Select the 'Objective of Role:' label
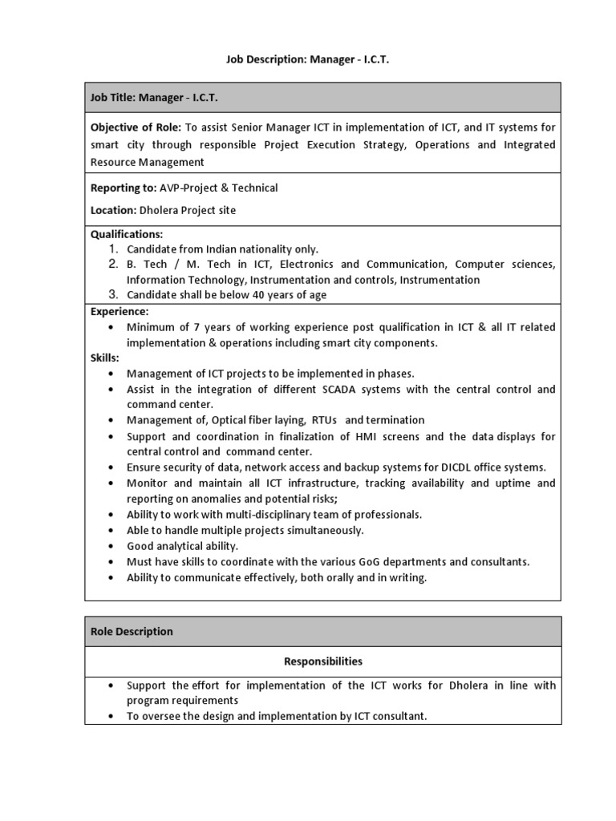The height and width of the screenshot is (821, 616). click(x=136, y=127)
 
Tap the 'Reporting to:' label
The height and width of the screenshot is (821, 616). click(x=123, y=188)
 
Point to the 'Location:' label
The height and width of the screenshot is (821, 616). click(x=113, y=210)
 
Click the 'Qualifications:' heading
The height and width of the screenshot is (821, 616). click(x=126, y=234)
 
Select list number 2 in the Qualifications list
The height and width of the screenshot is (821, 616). click(x=113, y=264)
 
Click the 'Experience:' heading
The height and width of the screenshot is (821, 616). click(x=120, y=311)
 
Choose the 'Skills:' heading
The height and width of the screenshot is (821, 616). click(x=104, y=358)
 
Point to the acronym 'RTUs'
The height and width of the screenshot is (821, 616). click(x=324, y=420)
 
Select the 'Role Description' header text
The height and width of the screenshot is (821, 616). click(x=132, y=632)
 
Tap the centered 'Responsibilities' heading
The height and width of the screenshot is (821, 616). click(x=322, y=661)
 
